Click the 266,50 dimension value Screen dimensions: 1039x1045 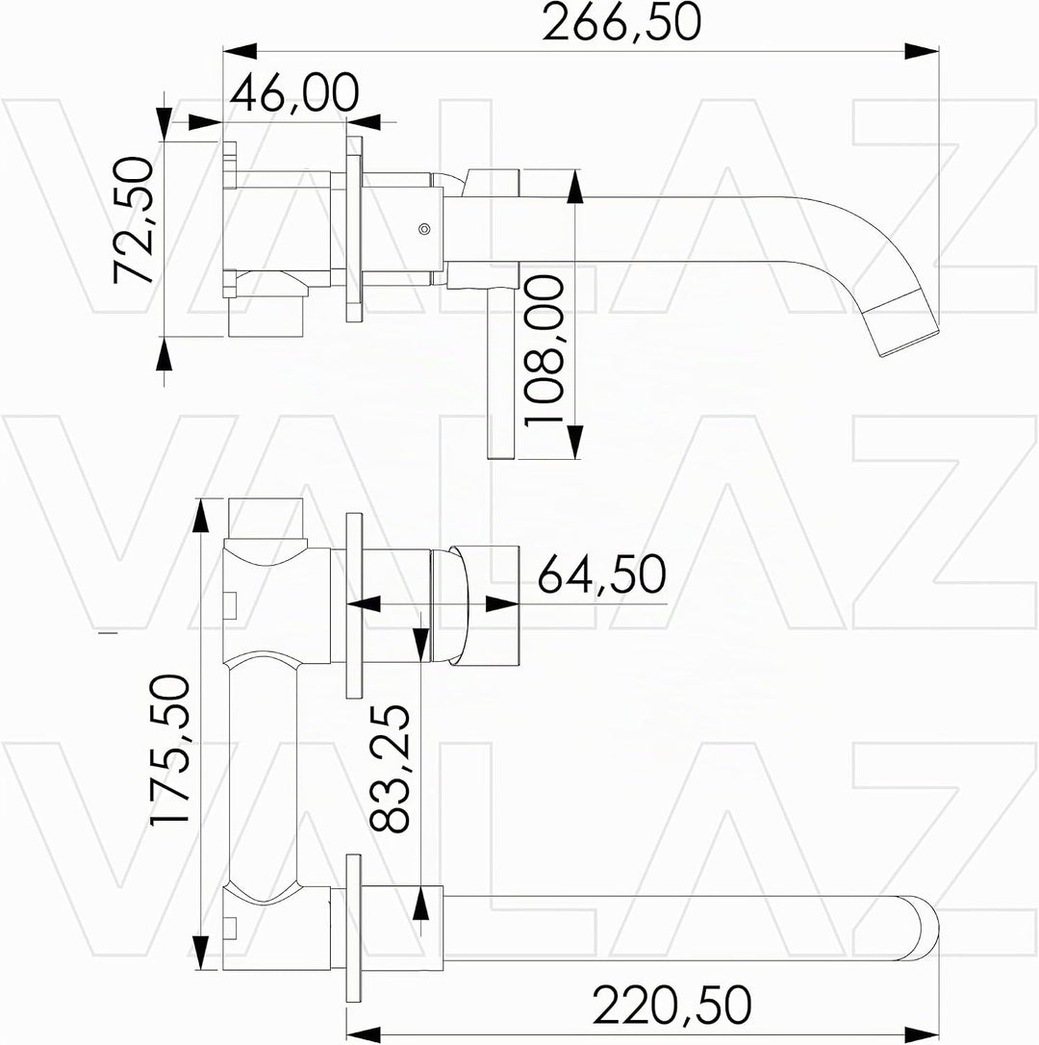point(621,22)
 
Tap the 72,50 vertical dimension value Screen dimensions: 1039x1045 point(134,220)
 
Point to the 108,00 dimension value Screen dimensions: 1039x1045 point(544,351)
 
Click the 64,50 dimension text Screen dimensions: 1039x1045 point(602,573)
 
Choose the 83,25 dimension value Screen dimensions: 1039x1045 point(390,768)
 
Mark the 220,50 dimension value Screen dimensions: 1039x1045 point(672,1005)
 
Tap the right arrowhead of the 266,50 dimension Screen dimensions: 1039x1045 point(922,51)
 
